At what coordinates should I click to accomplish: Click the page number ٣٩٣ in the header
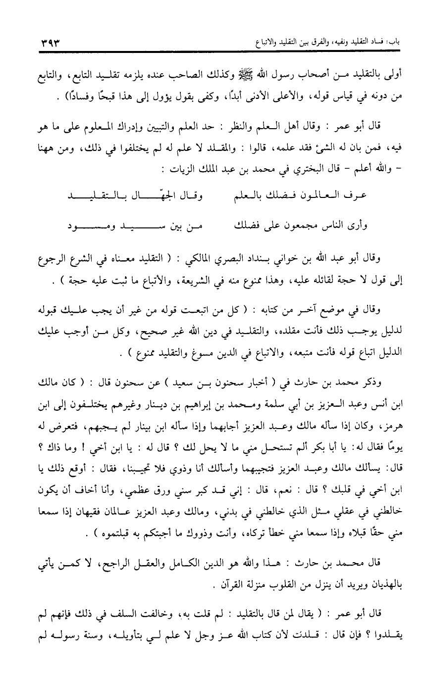[49, 43]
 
